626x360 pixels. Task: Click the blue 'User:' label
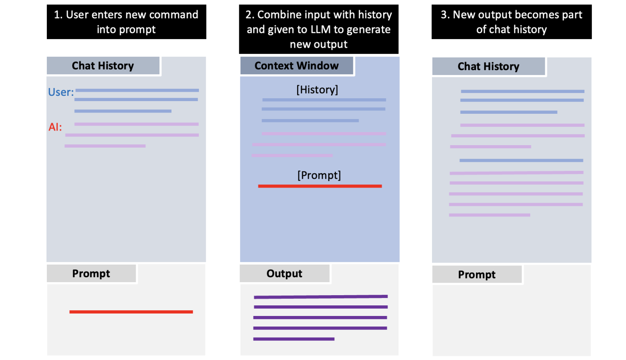tap(61, 92)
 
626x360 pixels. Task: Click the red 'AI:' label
tap(55, 127)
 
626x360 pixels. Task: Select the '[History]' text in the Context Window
tap(317, 90)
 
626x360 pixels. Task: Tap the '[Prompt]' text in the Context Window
tap(319, 175)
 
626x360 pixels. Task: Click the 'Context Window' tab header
tap(296, 66)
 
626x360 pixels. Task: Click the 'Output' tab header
tap(284, 274)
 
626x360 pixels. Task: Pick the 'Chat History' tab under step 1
tap(103, 66)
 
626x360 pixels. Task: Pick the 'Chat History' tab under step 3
tap(488, 66)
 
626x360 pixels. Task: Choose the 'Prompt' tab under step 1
tap(91, 274)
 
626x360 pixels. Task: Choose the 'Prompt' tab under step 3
tap(476, 274)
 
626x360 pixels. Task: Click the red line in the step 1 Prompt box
tap(131, 312)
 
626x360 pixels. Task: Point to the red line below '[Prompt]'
tap(320, 186)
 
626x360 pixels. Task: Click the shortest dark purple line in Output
tap(293, 339)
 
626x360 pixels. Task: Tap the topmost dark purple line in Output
tap(320, 297)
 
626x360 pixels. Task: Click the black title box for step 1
tap(126, 22)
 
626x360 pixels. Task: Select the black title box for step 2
tap(319, 29)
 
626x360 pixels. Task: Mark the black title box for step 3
tap(511, 22)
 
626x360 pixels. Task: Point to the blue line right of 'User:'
tap(137, 91)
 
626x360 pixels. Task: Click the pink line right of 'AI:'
tap(136, 124)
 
